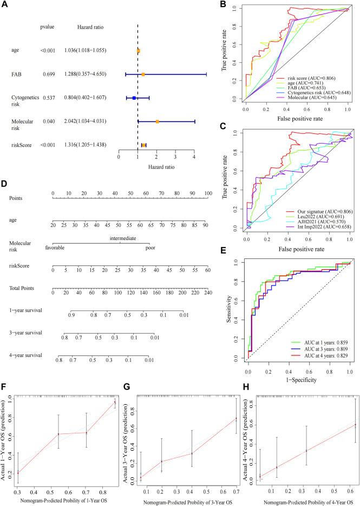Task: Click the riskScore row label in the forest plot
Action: [x=22, y=145]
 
